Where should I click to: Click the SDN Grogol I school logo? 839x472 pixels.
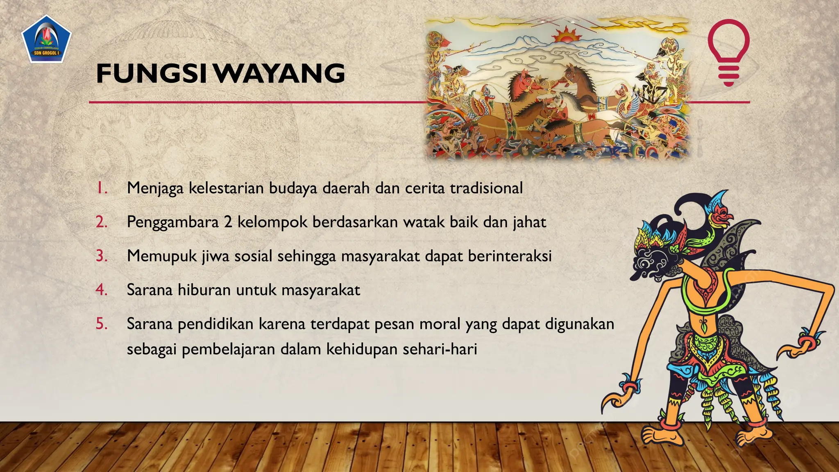click(x=46, y=39)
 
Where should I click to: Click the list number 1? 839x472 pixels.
click(x=101, y=188)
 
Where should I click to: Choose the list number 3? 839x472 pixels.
click(x=102, y=256)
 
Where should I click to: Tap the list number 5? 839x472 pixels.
click(x=102, y=324)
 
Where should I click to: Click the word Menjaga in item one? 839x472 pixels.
click(x=155, y=188)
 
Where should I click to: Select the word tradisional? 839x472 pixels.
click(x=486, y=188)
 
